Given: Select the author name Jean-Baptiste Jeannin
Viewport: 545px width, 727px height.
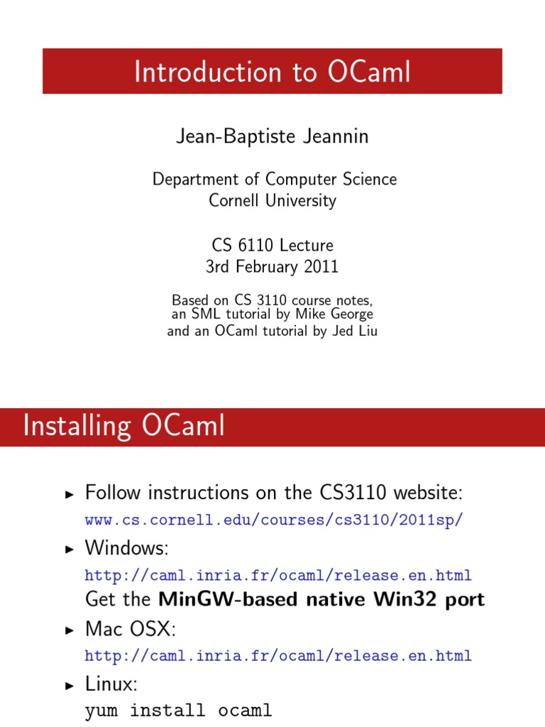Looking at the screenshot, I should click(272, 136).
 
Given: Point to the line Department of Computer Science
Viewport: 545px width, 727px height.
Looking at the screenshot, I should click(274, 179).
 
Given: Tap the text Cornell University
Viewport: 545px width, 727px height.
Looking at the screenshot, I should click(272, 200).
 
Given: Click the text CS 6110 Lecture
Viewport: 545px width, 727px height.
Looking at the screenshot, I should click(272, 246).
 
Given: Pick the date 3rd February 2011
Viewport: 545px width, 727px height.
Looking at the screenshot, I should click(272, 267).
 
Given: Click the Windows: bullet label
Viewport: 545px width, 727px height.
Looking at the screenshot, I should click(117, 547).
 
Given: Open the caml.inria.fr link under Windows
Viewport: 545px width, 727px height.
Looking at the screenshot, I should click(278, 574).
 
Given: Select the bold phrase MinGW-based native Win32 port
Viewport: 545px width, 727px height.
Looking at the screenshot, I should click(321, 599).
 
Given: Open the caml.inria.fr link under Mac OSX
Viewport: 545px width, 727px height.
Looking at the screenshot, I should click(278, 655).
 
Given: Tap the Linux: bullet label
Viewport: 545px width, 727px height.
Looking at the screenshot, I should click(110, 684).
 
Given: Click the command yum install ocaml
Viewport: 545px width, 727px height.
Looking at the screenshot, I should click(178, 711).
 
